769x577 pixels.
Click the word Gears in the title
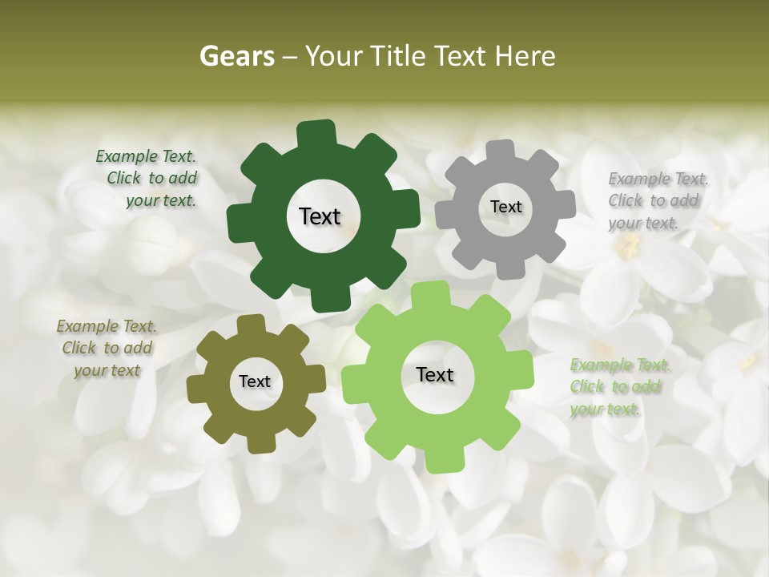[236, 56]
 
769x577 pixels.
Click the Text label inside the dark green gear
[320, 216]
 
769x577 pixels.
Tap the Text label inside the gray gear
[505, 207]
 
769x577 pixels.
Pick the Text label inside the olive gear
[255, 381]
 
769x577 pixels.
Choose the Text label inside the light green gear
[435, 374]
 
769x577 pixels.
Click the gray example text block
[658, 200]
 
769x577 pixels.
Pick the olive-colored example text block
[107, 348]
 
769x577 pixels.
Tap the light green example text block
[619, 387]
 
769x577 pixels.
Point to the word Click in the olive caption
[79, 348]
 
